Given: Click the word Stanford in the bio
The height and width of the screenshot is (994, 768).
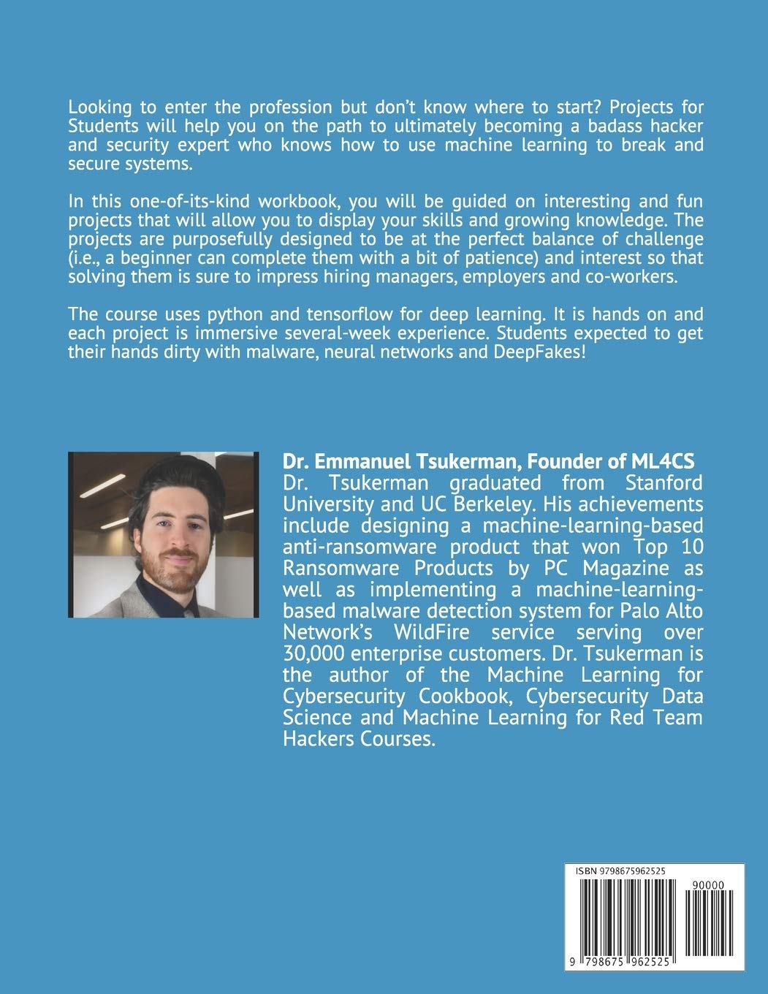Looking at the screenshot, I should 664,482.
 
